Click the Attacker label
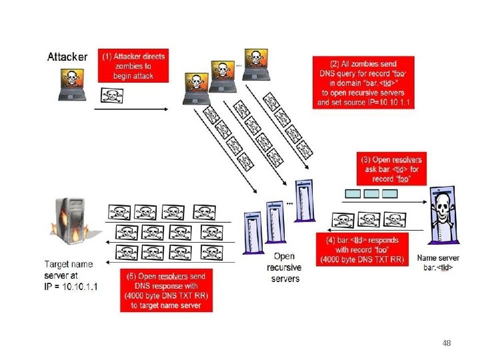pos(67,57)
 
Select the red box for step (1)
pos(133,65)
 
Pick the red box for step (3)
pos(391,169)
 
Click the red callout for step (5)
pos(166,290)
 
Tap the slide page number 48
pos(447,343)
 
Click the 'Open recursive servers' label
pos(285,267)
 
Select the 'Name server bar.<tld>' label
pos(438,263)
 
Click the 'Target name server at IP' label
pos(70,275)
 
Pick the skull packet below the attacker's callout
pos(111,95)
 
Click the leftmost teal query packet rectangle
pos(352,193)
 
